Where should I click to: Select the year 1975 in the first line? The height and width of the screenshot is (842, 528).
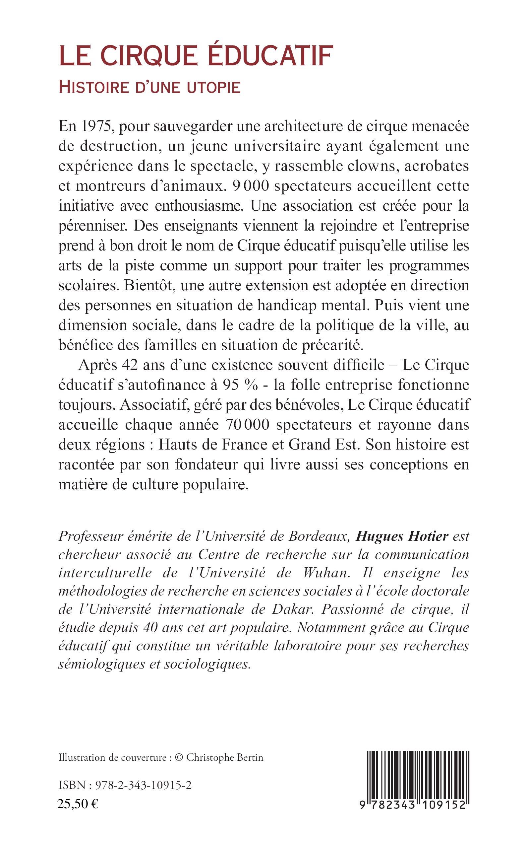coord(96,126)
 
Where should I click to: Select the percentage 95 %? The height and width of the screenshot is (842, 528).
coord(240,385)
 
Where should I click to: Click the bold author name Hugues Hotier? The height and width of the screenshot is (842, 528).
coord(402,536)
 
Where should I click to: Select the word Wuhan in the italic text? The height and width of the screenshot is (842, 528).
coord(326,573)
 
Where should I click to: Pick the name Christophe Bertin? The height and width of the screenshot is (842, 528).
coord(224,758)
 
